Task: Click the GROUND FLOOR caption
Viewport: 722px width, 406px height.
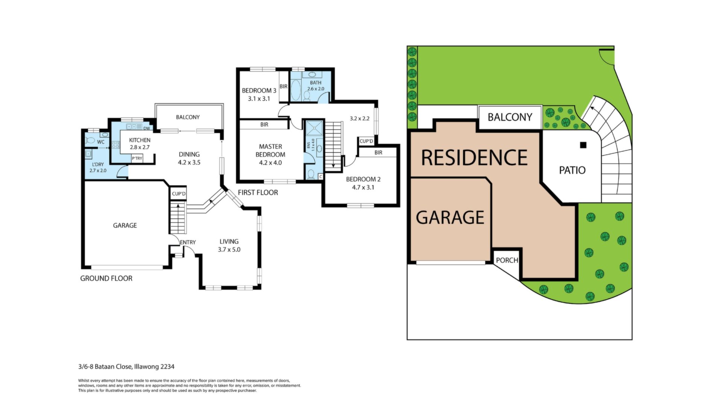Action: [x=106, y=279]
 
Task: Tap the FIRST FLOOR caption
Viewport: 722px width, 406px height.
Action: [x=258, y=192]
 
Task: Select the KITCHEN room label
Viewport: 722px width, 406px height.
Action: [x=140, y=140]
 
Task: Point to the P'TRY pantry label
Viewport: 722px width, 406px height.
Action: [x=137, y=159]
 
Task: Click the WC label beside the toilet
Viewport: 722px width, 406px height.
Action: [x=101, y=142]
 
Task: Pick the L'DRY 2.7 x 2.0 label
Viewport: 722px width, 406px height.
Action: [x=98, y=168]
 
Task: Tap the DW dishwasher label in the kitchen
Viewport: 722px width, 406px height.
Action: [x=147, y=129]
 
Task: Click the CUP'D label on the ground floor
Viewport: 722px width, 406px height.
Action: [x=179, y=194]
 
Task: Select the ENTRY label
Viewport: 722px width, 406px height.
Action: [x=188, y=242]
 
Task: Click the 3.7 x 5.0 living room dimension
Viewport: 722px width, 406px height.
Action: [x=229, y=250]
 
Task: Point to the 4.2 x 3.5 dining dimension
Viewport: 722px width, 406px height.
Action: [x=189, y=163]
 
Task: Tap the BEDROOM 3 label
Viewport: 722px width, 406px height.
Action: [x=259, y=91]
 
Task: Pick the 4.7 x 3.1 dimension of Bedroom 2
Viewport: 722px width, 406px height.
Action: [x=363, y=188]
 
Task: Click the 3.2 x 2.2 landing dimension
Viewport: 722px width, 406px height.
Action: [x=359, y=118]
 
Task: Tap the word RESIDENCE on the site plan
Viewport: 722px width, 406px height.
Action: [x=474, y=158]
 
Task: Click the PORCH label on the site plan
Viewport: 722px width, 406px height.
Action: [x=507, y=260]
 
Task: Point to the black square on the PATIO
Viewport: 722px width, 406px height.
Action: [x=583, y=145]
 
